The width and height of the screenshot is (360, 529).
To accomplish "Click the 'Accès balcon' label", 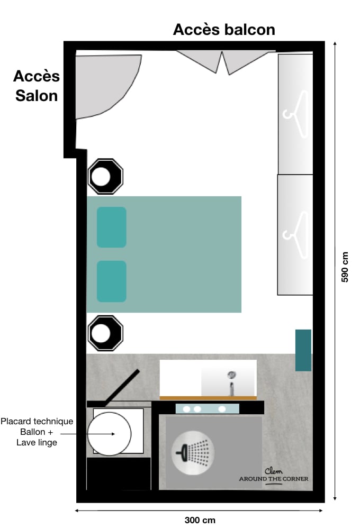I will (224, 30).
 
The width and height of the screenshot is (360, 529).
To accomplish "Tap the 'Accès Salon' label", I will (37, 86).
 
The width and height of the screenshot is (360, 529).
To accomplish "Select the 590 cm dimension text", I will (345, 266).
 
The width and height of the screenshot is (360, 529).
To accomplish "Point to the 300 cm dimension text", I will (200, 520).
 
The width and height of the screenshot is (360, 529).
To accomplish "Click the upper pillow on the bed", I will (111, 227).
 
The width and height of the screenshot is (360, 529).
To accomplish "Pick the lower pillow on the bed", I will (111, 281).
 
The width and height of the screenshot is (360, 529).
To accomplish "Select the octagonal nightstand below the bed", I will (105, 333).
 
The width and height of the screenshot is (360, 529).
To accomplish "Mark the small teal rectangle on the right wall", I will (303, 350).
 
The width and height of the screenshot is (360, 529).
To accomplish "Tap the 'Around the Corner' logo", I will (274, 476).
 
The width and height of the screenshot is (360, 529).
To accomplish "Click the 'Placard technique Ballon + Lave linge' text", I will (37, 432).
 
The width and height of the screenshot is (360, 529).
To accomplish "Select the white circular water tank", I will (109, 433).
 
